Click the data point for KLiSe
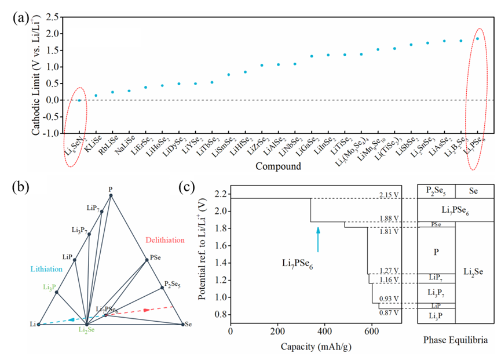tap(96, 96)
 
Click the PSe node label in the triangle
tap(155, 257)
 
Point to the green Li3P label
tap(49, 287)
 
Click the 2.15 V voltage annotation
tap(391, 194)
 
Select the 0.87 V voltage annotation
tap(391, 312)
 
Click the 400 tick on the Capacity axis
tap(324, 332)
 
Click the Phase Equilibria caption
tap(455, 339)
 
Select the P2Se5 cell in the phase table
tap(436, 191)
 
